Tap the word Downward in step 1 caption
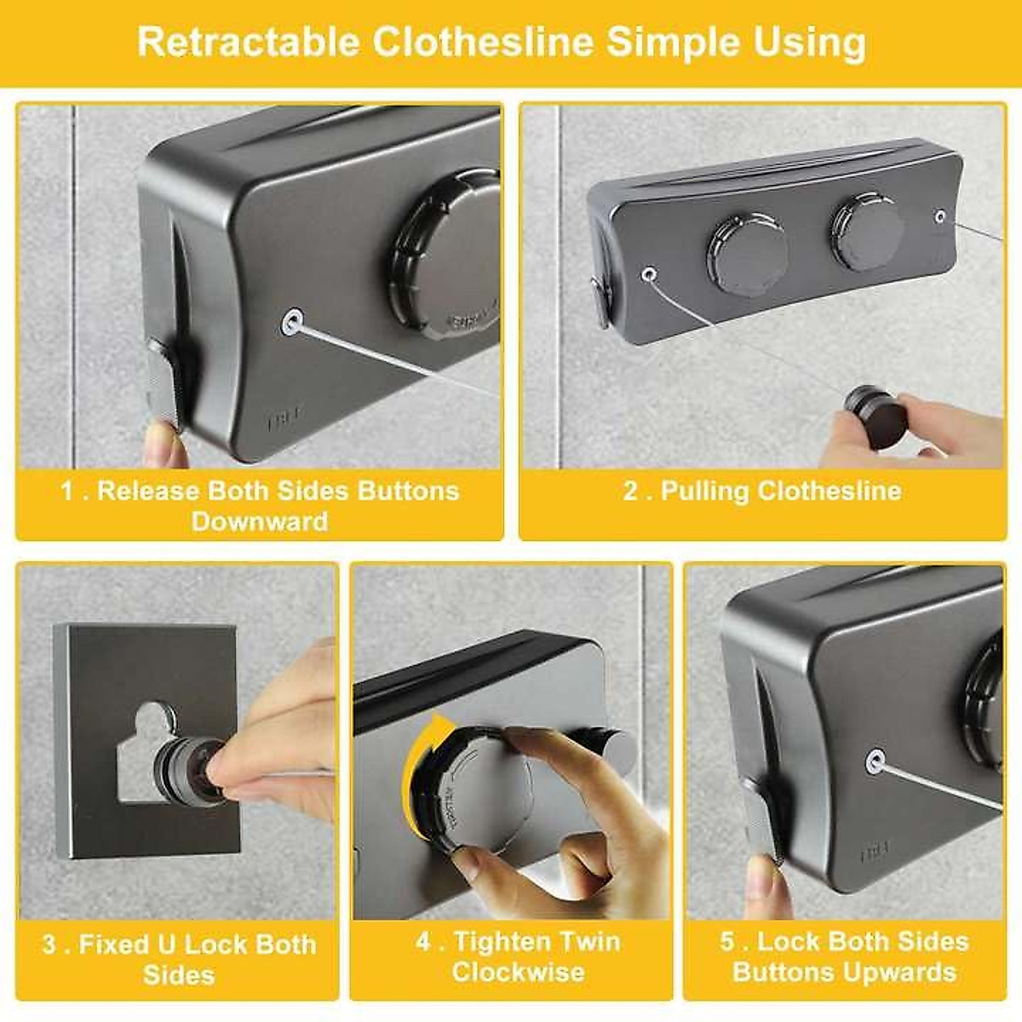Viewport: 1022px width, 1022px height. point(260,521)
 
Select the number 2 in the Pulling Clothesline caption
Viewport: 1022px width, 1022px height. point(631,491)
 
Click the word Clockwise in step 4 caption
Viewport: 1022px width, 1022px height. point(518,972)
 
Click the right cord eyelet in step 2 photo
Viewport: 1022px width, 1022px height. point(939,216)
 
